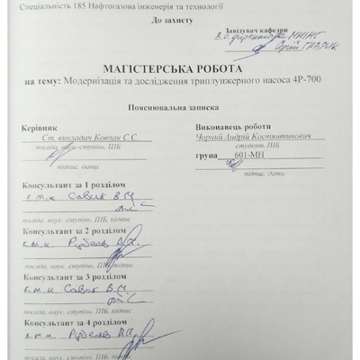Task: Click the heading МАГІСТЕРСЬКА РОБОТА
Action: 180,67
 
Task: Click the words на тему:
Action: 41,83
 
